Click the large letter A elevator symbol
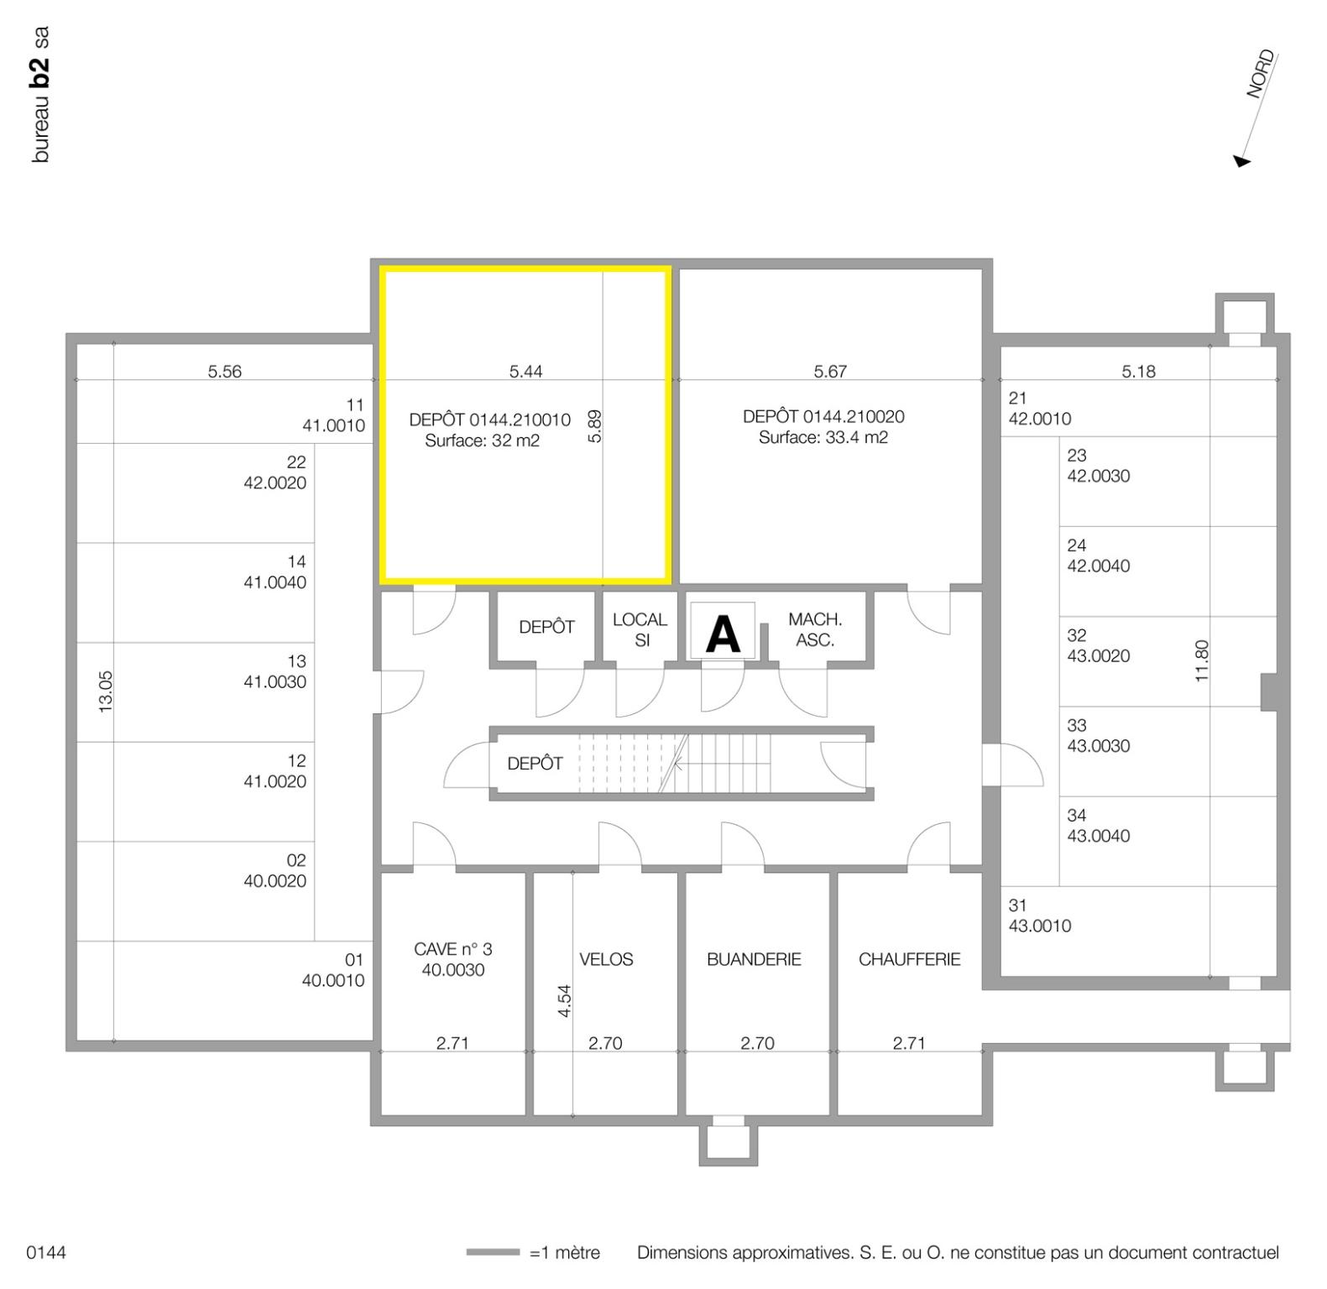pyautogui.click(x=723, y=634)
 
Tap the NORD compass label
pyautogui.click(x=1260, y=75)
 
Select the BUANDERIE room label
pyautogui.click(x=754, y=959)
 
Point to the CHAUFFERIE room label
pyautogui.click(x=909, y=959)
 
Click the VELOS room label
pyautogui.click(x=606, y=959)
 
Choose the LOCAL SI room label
pyautogui.click(x=640, y=629)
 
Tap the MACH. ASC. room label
pyautogui.click(x=814, y=629)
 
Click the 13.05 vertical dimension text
pyautogui.click(x=106, y=691)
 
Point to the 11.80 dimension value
pyautogui.click(x=1202, y=660)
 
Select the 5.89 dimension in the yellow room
pyautogui.click(x=595, y=426)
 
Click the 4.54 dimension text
pyautogui.click(x=565, y=1000)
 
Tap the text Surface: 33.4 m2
pyautogui.click(x=823, y=437)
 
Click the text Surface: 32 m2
pyautogui.click(x=482, y=441)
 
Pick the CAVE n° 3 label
pyautogui.click(x=453, y=959)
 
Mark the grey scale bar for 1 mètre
pyautogui.click(x=493, y=1253)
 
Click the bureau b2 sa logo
pyautogui.click(x=40, y=95)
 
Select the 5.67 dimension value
pyautogui.click(x=830, y=371)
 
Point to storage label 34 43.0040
pyautogui.click(x=1098, y=826)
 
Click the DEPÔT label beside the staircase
pyautogui.click(x=535, y=764)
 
